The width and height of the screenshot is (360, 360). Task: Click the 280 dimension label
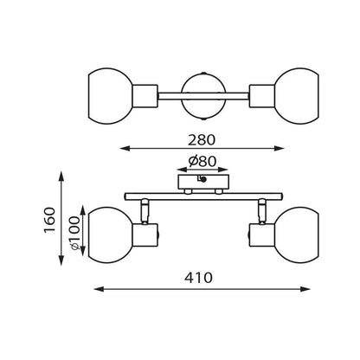coord(202,140)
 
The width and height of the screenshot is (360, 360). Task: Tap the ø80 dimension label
coord(202,161)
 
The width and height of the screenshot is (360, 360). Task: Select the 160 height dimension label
coord(49,220)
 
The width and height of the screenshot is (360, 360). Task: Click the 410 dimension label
coord(198,278)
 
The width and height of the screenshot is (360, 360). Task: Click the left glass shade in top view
coord(111,96)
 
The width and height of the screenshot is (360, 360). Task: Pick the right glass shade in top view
coord(297,96)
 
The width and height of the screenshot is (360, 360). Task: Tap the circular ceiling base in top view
coord(203,96)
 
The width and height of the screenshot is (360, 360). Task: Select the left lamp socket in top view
coord(145,96)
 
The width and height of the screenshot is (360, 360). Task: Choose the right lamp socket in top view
coord(262,96)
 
